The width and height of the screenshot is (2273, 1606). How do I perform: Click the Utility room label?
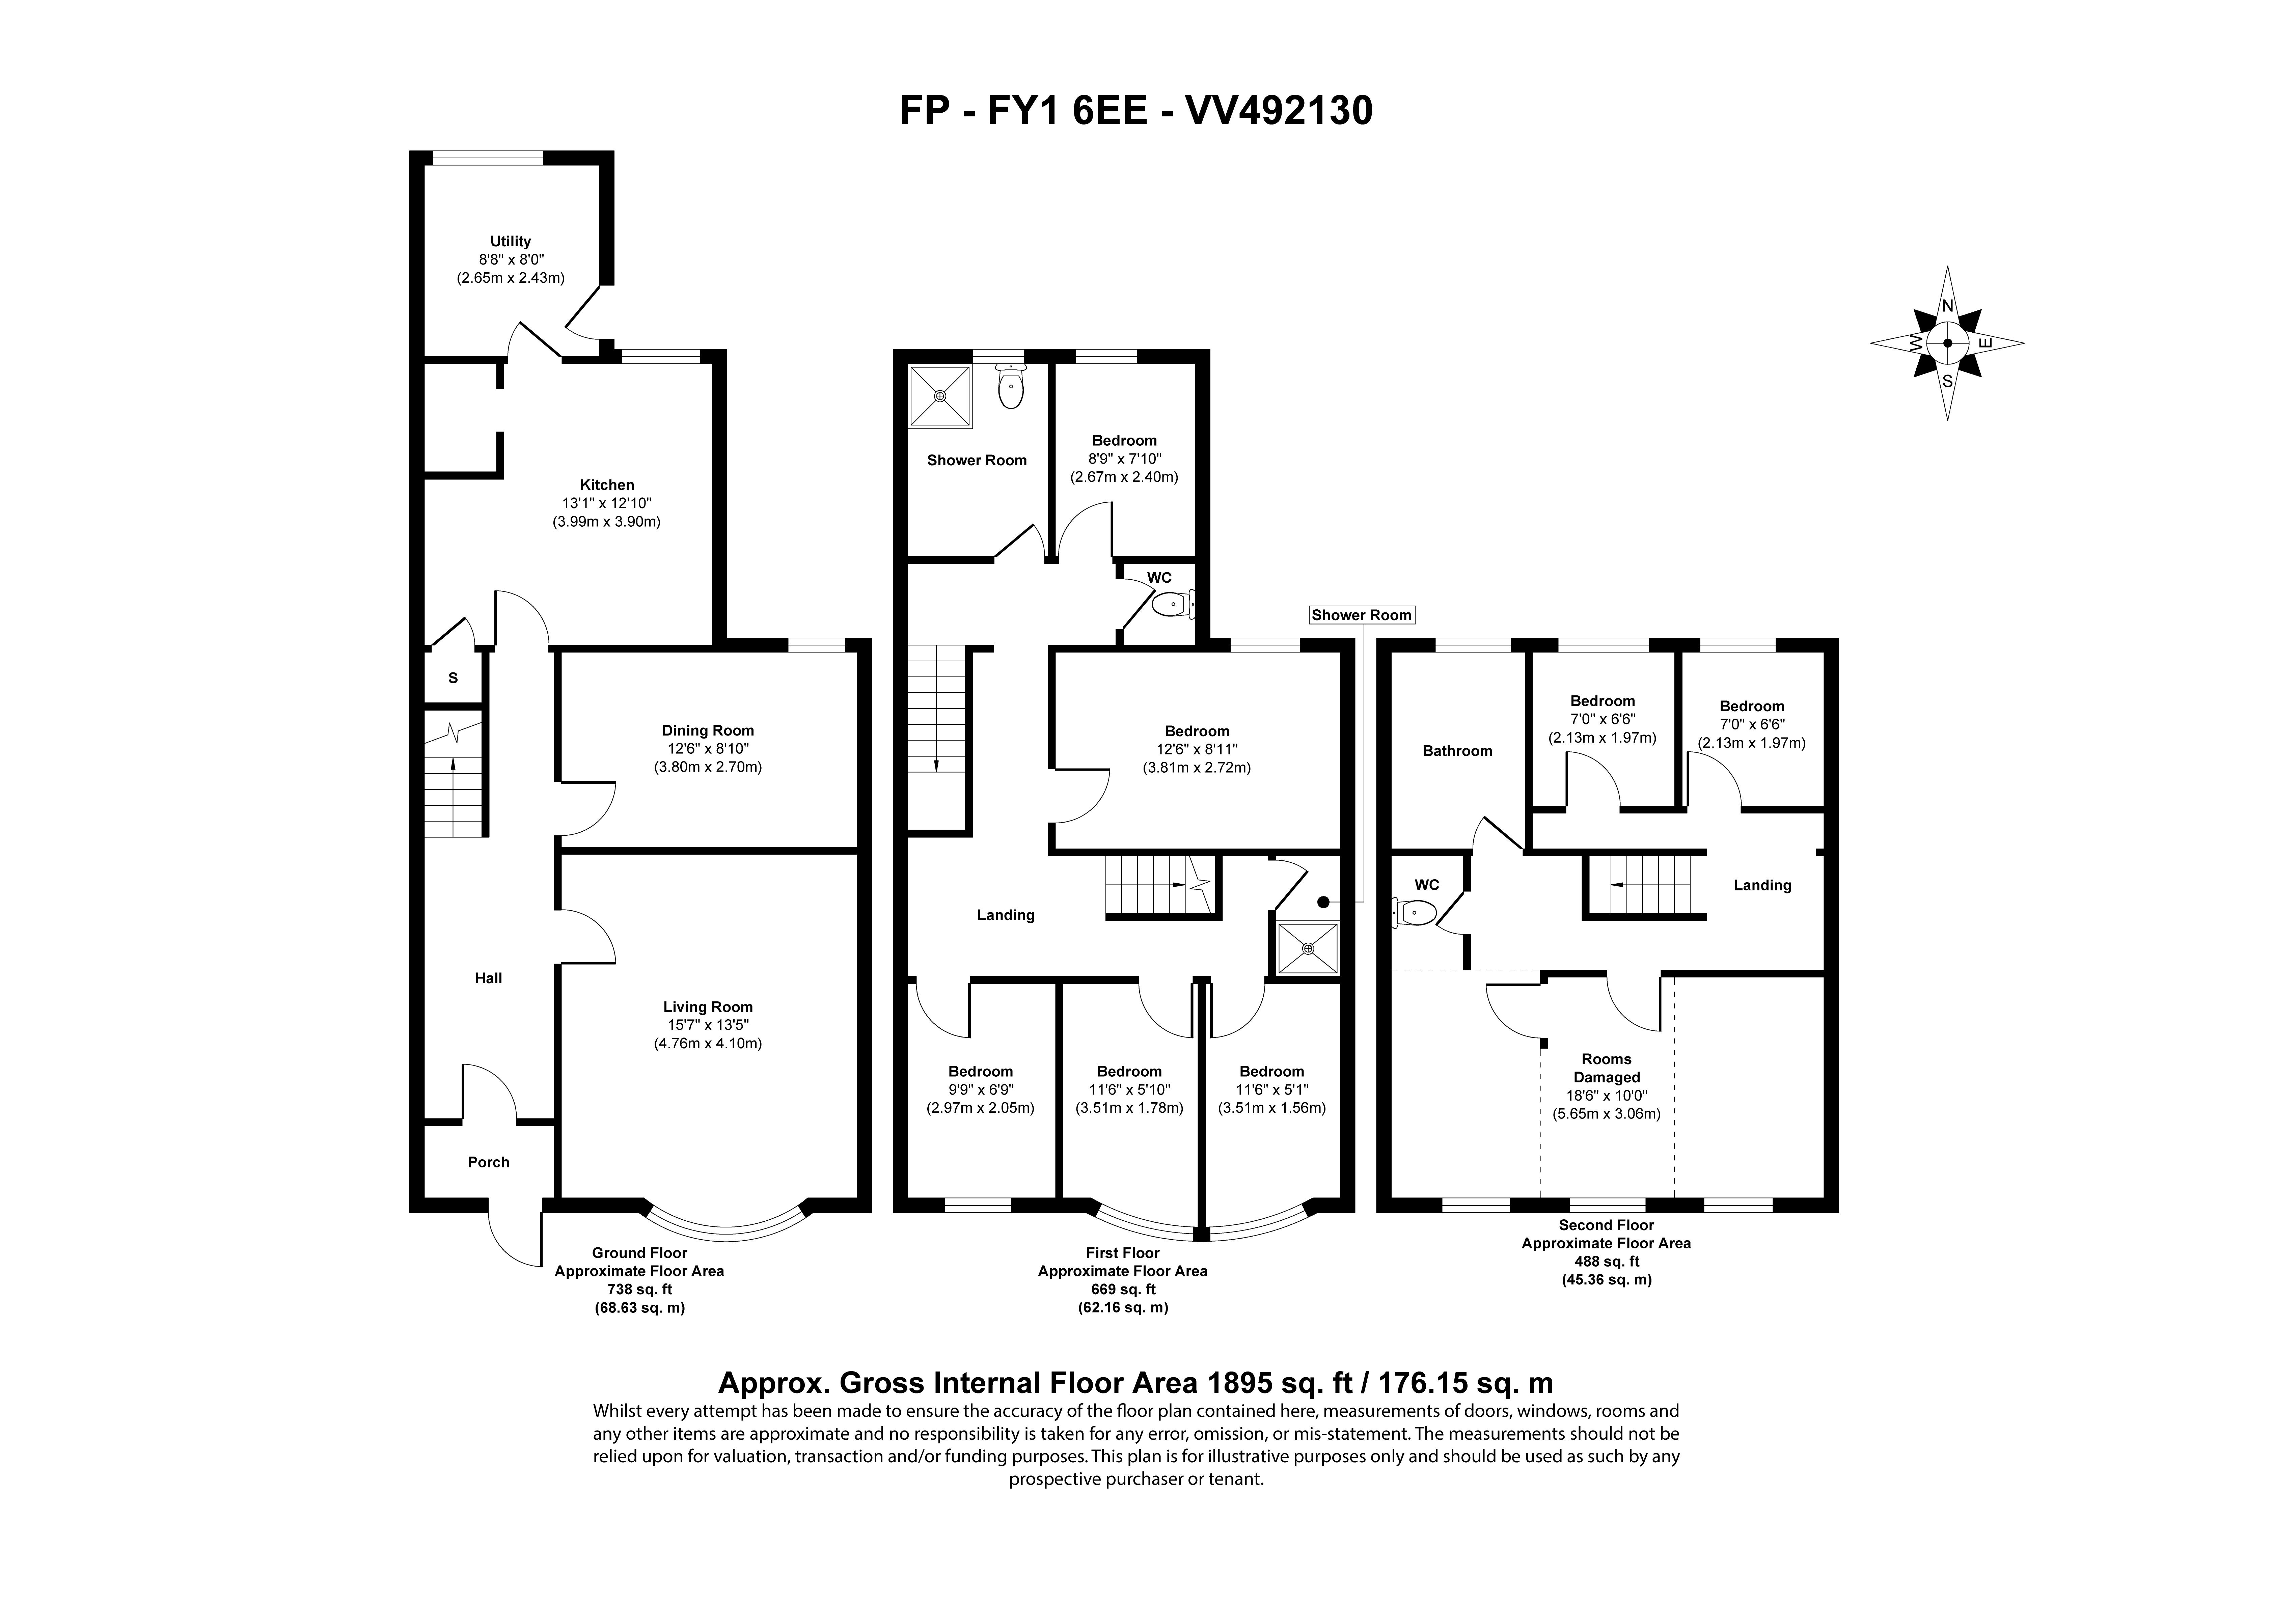[511, 241]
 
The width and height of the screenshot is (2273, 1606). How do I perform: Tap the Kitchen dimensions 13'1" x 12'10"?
[607, 503]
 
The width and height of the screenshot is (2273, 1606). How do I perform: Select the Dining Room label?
[708, 731]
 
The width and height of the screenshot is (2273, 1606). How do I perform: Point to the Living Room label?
[708, 1007]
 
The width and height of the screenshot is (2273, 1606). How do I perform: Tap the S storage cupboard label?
[454, 678]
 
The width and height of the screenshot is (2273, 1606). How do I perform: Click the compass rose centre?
[1947, 343]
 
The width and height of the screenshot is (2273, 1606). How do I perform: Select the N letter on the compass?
[1947, 306]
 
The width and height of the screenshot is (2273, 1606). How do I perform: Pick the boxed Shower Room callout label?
[1361, 615]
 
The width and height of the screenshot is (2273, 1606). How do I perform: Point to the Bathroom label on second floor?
[1457, 750]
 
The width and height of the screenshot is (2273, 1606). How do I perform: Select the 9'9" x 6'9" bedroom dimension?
[980, 1089]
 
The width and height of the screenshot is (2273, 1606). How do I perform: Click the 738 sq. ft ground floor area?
[639, 1289]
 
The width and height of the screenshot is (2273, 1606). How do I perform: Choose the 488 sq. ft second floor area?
[1607, 1262]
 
